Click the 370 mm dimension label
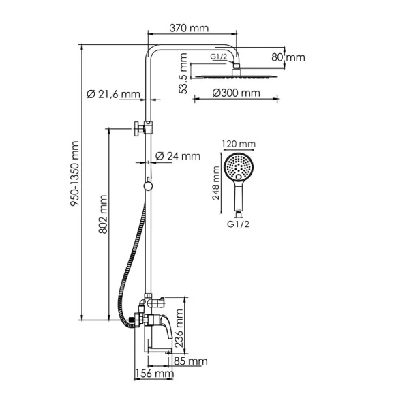coord(190,28)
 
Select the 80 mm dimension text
coord(287,57)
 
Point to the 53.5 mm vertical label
coord(183,74)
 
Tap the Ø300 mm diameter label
coord(236,93)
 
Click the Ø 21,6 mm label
coord(113,93)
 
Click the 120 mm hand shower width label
coord(239,145)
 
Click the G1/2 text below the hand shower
coord(237,222)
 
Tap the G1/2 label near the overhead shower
coord(219,57)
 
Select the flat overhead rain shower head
coord(236,76)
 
